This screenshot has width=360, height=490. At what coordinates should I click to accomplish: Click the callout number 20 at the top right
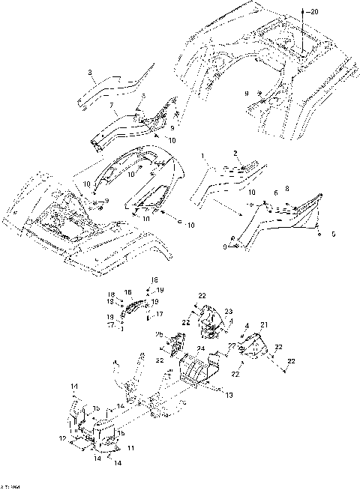(313, 12)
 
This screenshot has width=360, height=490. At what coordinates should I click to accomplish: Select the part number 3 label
(90, 73)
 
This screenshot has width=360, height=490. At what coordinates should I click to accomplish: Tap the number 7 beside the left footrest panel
(112, 107)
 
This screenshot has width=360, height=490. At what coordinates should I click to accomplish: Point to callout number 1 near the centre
(202, 157)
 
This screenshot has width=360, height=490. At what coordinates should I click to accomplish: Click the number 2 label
(235, 152)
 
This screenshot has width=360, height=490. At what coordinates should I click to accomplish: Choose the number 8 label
(286, 189)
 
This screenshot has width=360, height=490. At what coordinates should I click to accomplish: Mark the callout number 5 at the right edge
(333, 233)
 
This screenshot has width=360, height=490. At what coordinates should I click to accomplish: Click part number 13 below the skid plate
(229, 394)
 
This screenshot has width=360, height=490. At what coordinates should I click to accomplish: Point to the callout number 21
(263, 324)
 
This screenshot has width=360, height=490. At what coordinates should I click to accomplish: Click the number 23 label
(229, 311)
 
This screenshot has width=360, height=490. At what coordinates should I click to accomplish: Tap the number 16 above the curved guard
(127, 292)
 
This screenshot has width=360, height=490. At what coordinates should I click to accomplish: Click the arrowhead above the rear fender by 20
(303, 8)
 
